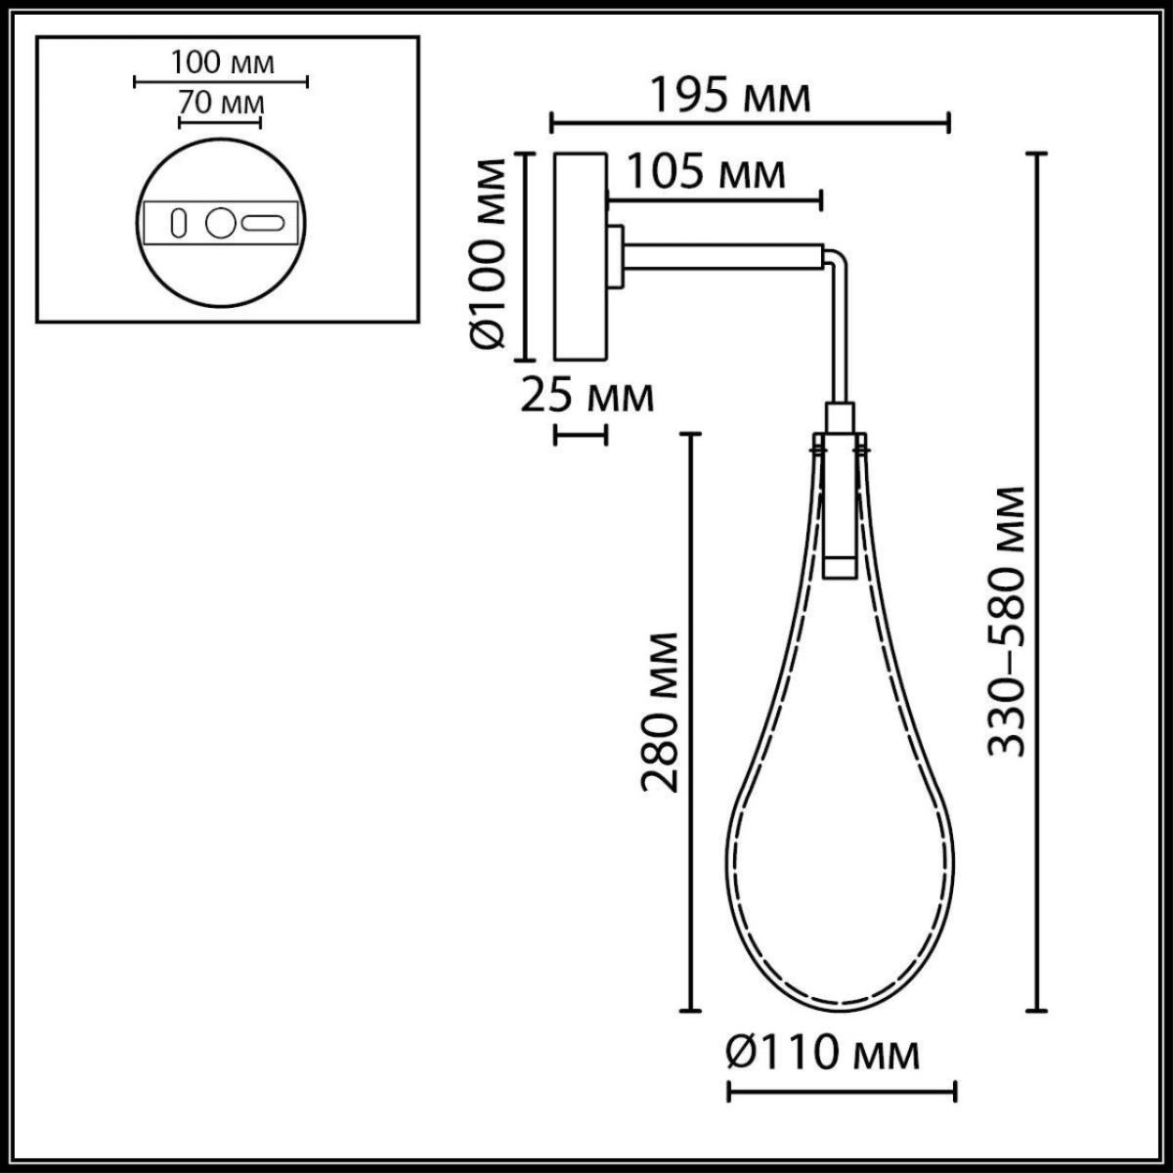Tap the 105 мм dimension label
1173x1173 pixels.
click(705, 173)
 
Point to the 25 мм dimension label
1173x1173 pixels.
click(586, 397)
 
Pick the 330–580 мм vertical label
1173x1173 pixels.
click(1007, 622)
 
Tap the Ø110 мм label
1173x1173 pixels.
click(822, 1055)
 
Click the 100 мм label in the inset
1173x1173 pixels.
click(221, 64)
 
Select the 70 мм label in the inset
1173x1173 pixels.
click(221, 102)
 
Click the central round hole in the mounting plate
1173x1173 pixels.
click(220, 224)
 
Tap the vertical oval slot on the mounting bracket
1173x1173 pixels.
click(179, 223)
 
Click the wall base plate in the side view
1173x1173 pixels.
click(580, 256)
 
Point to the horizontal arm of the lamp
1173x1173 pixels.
click(723, 257)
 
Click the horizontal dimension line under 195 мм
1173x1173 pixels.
click(750, 122)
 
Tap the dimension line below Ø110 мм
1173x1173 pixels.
click(841, 1089)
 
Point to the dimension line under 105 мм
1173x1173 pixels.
click(714, 201)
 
